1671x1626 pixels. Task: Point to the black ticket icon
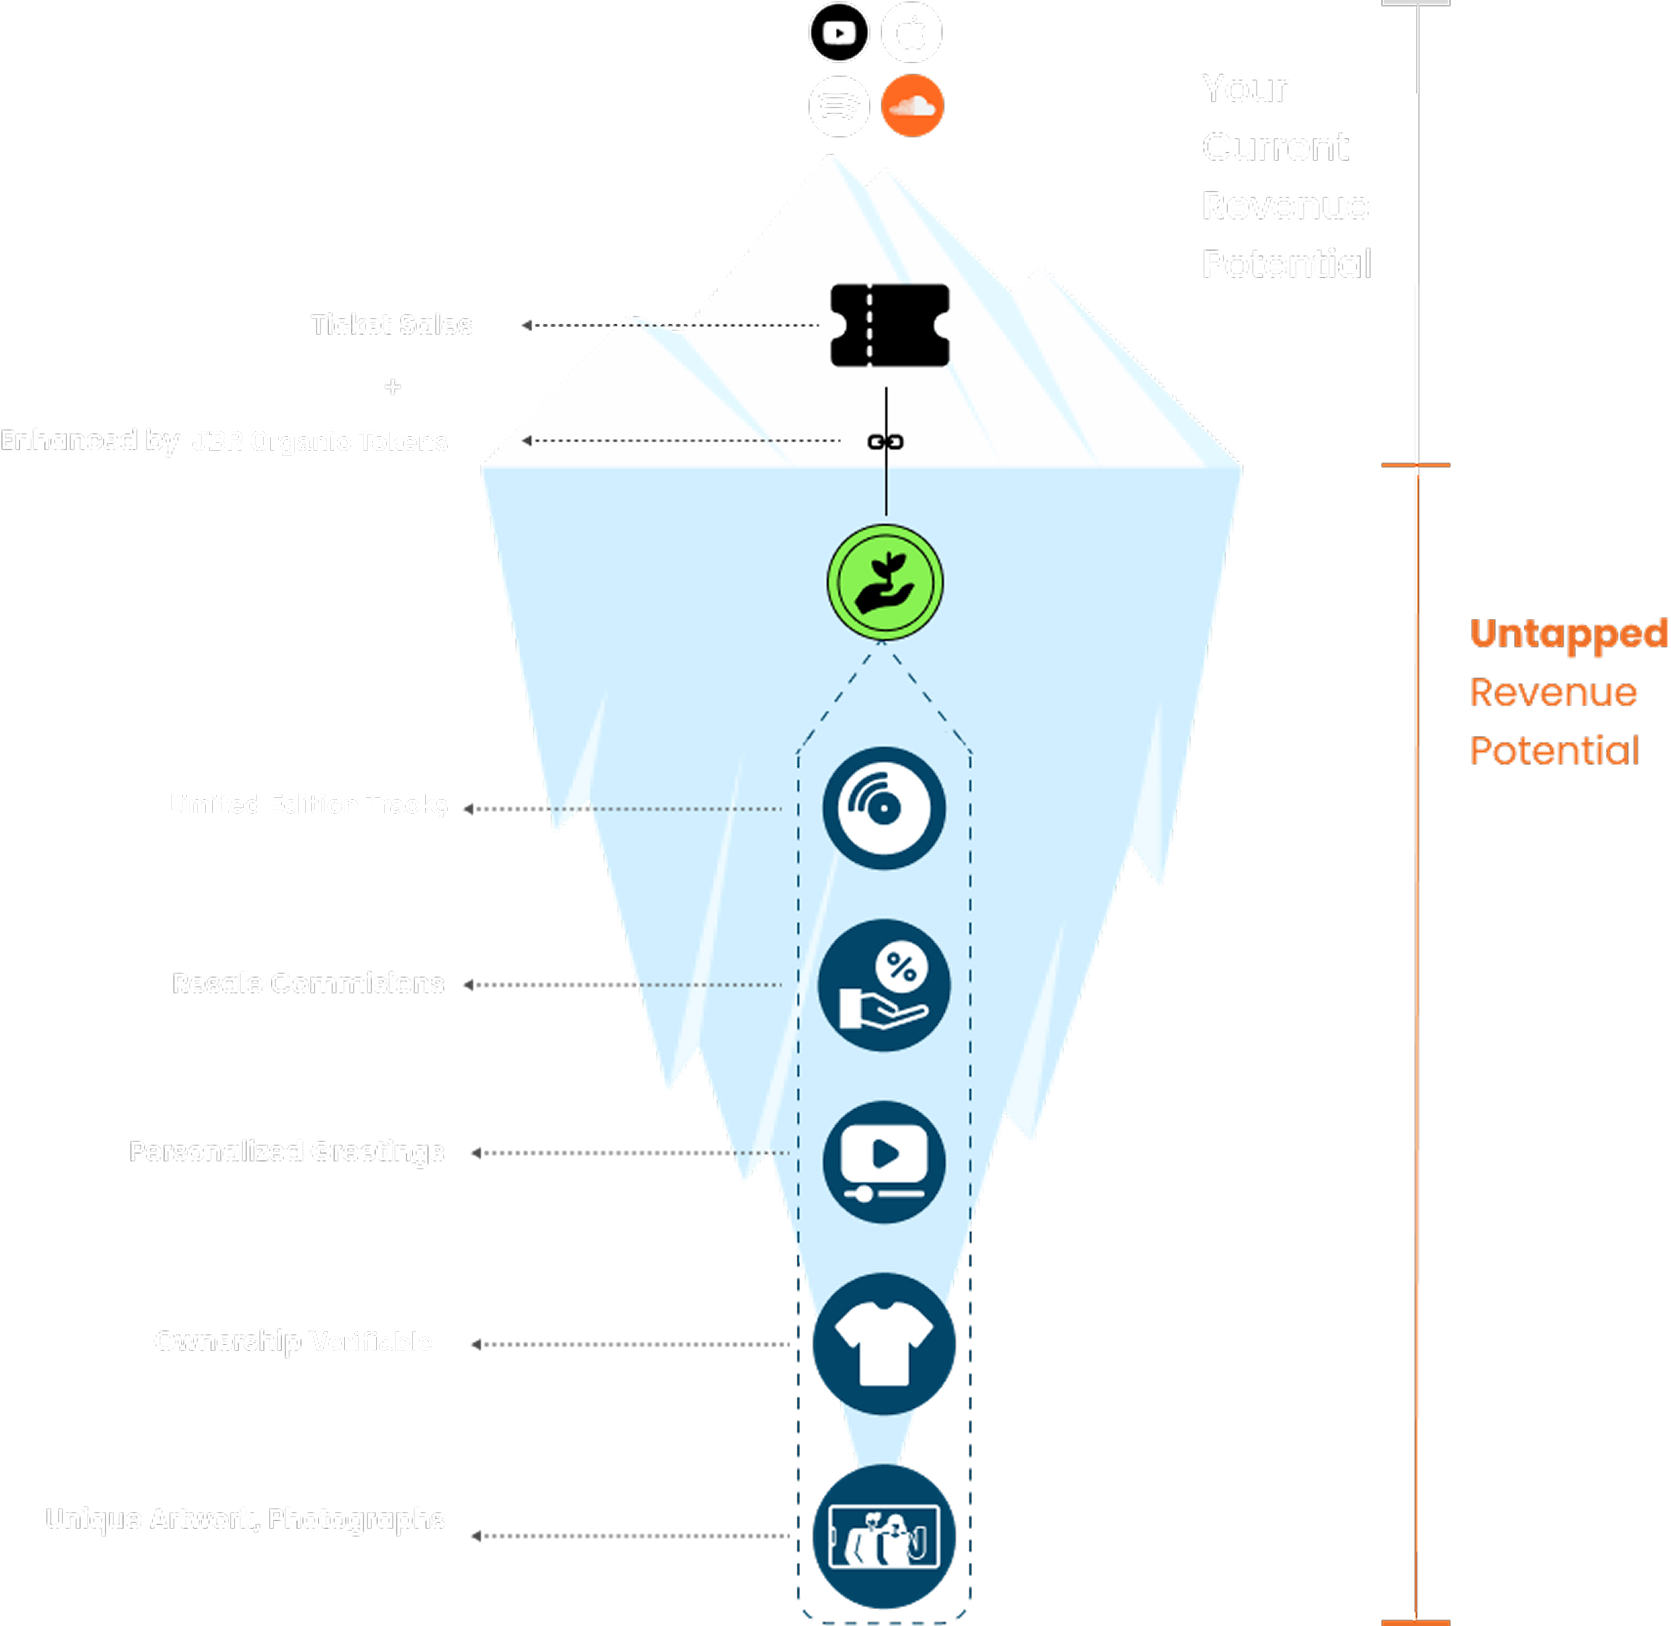point(889,325)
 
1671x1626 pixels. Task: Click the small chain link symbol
point(885,442)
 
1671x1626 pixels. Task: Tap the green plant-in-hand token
point(885,582)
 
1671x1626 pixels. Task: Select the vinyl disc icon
point(884,808)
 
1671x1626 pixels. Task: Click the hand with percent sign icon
point(884,985)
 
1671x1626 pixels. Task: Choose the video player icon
point(884,1162)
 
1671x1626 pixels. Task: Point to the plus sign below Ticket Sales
point(392,387)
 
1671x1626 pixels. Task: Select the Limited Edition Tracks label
point(307,804)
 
